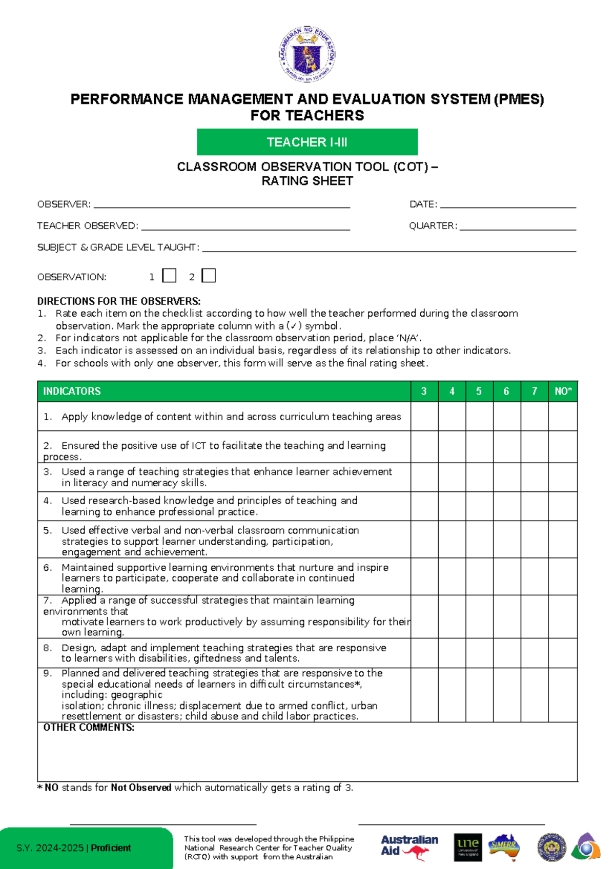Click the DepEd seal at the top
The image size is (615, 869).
click(307, 54)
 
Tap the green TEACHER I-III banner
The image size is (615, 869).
click(307, 142)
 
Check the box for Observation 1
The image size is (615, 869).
click(169, 276)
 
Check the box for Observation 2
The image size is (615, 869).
click(209, 276)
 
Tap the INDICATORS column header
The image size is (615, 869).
click(72, 391)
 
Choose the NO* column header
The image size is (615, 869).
click(563, 391)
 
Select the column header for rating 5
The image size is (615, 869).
click(479, 391)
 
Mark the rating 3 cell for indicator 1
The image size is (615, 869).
click(424, 416)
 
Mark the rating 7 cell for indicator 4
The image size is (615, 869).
click(535, 506)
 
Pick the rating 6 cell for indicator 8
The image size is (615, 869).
click(507, 653)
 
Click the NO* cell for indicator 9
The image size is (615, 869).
click(563, 695)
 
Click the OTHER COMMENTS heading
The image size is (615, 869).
click(89, 728)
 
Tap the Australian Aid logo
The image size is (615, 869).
click(409, 846)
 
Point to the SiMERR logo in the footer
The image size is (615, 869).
click(504, 846)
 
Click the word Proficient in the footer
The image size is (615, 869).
click(111, 848)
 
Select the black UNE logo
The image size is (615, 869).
click(468, 846)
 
